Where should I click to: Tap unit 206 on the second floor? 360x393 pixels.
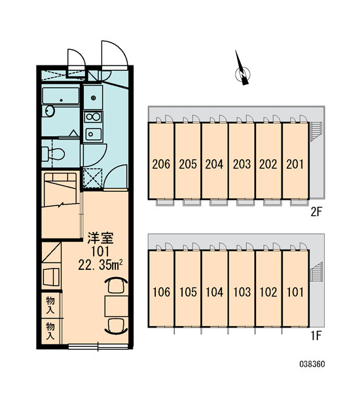(161, 161)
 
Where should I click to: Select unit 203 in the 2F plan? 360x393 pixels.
(242, 161)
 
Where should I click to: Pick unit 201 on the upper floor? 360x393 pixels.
(295, 161)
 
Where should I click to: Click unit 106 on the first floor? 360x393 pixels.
(161, 289)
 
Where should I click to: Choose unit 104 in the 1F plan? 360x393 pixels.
(215, 289)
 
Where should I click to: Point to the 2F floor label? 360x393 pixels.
(316, 212)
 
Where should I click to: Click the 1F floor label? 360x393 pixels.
(316, 336)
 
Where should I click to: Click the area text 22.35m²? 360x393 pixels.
(100, 265)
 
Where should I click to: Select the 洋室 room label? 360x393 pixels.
(100, 238)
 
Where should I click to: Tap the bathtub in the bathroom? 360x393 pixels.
(61, 96)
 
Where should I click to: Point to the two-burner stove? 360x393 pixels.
(93, 117)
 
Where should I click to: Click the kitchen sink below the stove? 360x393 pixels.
(93, 134)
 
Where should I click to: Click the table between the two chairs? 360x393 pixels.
(117, 306)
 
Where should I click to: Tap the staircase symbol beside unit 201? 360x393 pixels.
(315, 132)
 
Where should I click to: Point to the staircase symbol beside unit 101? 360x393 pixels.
(316, 272)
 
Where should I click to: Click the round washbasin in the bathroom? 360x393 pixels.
(48, 111)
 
